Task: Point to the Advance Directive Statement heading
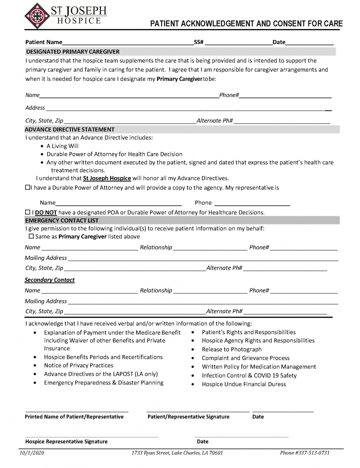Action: [x=69, y=129]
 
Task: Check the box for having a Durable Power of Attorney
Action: [x=27, y=187]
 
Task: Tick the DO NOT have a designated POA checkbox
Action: [x=27, y=213]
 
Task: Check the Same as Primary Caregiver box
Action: [x=32, y=237]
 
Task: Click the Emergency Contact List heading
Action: [x=61, y=220]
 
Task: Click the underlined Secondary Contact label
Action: [x=49, y=280]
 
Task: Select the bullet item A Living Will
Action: [x=62, y=146]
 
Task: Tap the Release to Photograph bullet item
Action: [x=232, y=349]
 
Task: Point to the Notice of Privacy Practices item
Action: [x=78, y=365]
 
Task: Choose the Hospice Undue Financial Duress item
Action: [x=244, y=384]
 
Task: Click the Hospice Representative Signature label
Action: [x=66, y=441]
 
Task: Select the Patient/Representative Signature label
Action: [x=188, y=417]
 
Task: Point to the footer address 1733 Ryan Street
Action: [x=177, y=453]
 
